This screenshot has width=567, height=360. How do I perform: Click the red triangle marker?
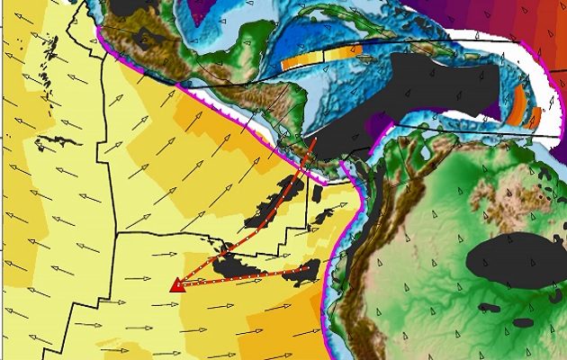tap(177, 285)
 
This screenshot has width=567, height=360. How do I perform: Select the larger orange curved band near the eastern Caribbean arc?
tap(517, 112)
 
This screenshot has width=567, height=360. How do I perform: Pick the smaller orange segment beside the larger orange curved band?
tap(535, 117)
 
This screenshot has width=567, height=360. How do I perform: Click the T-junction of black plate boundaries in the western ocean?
tap(117, 232)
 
